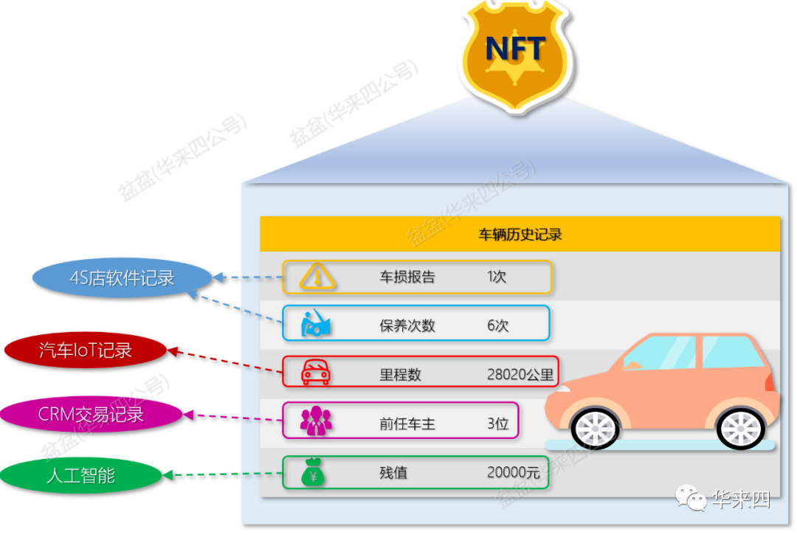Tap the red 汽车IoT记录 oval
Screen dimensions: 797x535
(86, 350)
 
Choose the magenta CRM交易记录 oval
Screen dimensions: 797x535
(91, 414)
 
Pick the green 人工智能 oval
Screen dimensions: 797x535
(81, 475)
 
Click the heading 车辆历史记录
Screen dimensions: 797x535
(520, 235)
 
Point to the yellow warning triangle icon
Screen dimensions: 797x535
(317, 277)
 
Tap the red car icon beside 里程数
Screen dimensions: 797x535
(316, 373)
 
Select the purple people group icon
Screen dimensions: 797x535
(316, 421)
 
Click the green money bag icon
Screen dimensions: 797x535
(314, 472)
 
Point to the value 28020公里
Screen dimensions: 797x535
(520, 374)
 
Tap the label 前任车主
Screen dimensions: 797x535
(407, 424)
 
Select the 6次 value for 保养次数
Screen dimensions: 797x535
(497, 325)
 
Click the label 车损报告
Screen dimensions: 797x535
(407, 277)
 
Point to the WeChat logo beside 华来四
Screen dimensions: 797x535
(694, 500)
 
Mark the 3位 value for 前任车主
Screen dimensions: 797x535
(497, 424)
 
